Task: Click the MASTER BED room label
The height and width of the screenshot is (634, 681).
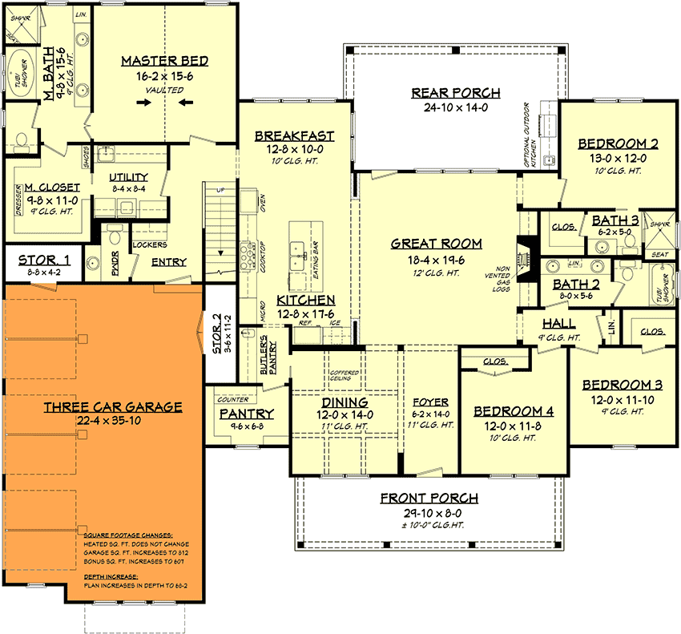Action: pos(164,61)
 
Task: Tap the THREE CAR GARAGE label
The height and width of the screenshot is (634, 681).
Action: pos(112,407)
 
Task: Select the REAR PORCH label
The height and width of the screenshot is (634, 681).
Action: pos(455,93)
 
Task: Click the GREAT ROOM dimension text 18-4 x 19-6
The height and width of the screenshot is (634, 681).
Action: pos(437,260)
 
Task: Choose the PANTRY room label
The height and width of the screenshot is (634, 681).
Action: pos(247,414)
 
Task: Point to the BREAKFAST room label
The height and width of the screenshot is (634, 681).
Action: pos(294,136)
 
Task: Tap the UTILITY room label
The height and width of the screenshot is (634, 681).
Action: pos(129,177)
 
